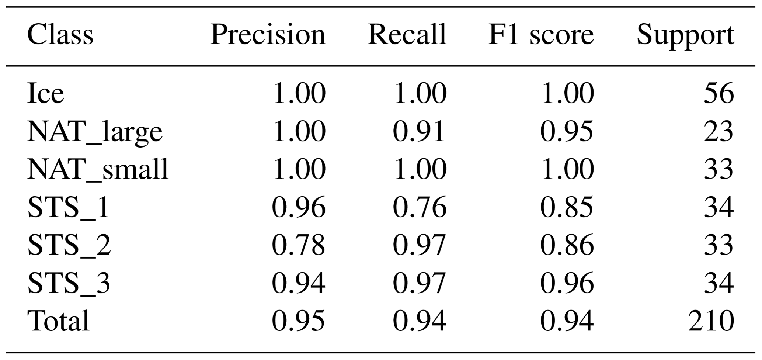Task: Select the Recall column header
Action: [x=407, y=35]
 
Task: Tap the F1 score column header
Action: [x=541, y=35]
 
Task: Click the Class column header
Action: [x=60, y=35]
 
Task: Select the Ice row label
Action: [x=46, y=93]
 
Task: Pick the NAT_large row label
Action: [x=95, y=132]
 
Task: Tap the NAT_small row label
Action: [x=98, y=169]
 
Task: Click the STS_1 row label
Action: [x=69, y=207]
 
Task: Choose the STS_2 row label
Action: [x=69, y=245]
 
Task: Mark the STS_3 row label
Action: [x=69, y=283]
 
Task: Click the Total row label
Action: [x=58, y=321]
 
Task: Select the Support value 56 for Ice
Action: [x=718, y=93]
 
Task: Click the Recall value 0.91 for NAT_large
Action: [x=420, y=131]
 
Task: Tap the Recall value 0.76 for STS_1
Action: [x=420, y=207]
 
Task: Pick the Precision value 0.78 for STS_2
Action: [x=299, y=245]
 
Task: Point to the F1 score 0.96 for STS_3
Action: [x=567, y=283]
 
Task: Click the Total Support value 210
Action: [x=711, y=321]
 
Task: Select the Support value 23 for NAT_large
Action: [x=718, y=131]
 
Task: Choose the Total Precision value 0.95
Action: [x=299, y=321]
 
